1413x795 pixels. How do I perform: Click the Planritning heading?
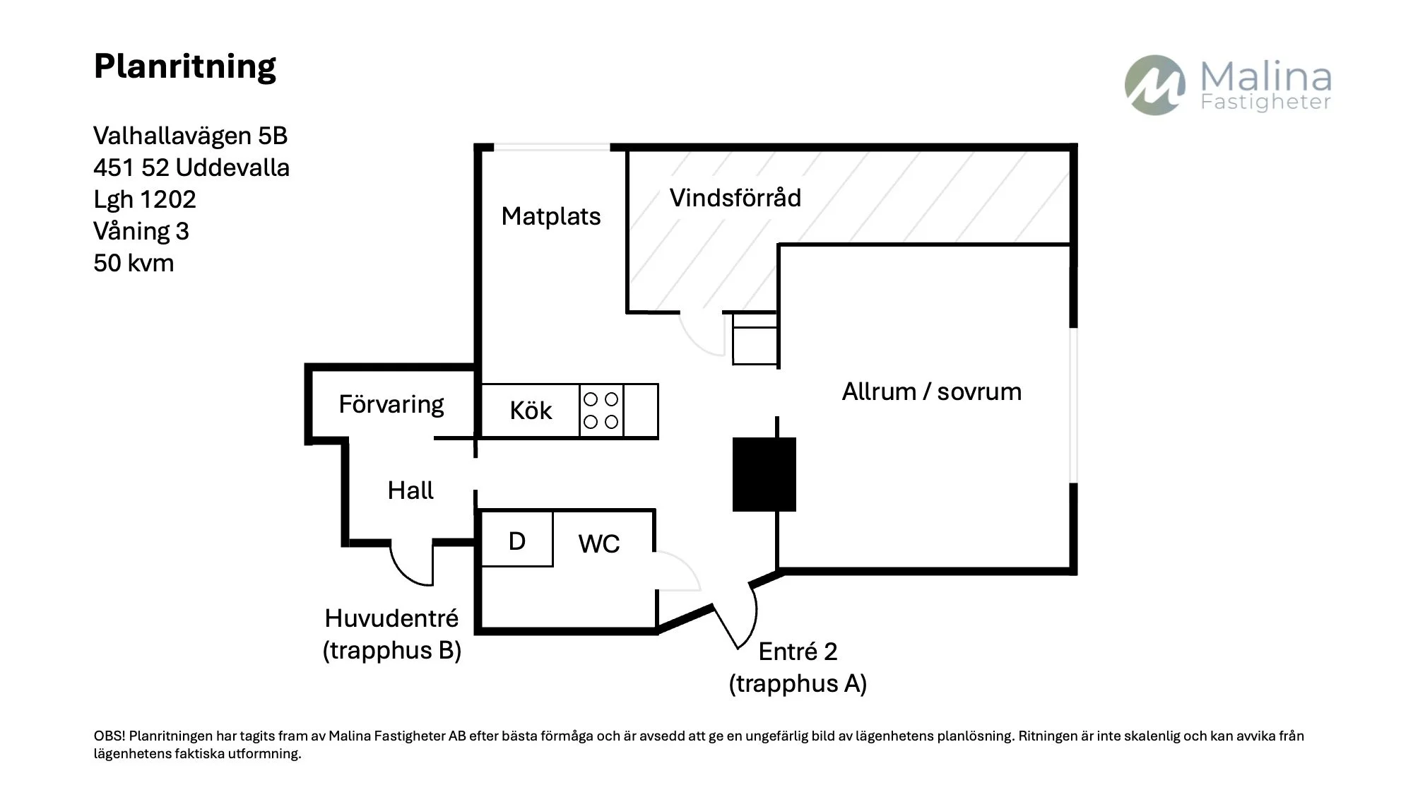click(184, 67)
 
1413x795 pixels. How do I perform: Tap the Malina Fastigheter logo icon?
click(1155, 86)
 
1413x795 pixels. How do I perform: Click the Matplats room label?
click(551, 216)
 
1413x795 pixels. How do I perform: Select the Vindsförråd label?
click(735, 198)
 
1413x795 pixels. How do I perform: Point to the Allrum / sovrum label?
click(932, 391)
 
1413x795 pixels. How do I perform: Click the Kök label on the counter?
click(531, 411)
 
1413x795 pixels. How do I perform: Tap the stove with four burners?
click(601, 411)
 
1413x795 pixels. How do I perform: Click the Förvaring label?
click(391, 405)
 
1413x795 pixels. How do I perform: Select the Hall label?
click(410, 490)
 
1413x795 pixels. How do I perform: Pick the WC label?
click(599, 543)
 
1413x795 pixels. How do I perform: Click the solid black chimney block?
click(764, 474)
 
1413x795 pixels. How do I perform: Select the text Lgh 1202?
click(145, 199)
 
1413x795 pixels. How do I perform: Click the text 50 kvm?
click(134, 263)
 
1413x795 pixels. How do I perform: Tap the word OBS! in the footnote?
click(110, 736)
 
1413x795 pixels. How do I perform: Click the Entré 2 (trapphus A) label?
click(798, 667)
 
